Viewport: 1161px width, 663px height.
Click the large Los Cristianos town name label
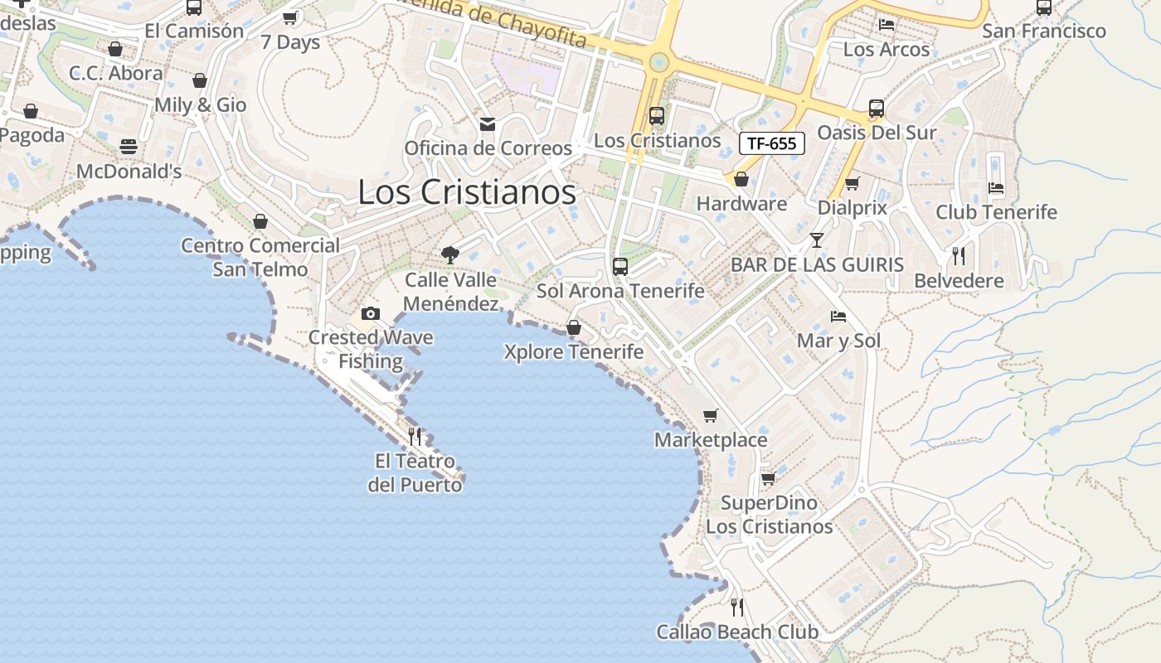pos(467,192)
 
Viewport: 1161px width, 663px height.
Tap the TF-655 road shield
pos(771,143)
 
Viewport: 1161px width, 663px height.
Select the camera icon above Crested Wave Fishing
pos(371,313)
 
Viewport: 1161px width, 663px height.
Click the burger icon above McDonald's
pos(129,147)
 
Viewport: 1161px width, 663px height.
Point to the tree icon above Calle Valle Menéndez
pos(450,254)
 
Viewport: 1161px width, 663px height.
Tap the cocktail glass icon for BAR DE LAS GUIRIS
pos(817,240)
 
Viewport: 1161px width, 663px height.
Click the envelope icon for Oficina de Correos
pos(488,124)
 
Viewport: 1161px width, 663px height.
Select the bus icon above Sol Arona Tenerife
pos(620,267)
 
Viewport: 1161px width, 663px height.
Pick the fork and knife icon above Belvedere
pos(959,255)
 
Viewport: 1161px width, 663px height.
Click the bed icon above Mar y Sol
pos(838,317)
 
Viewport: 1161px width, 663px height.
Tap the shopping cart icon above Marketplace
pos(710,415)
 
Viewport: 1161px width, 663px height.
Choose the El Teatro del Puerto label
pos(415,473)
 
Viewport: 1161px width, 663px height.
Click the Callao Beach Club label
pos(737,632)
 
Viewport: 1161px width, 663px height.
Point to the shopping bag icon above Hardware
pos(741,179)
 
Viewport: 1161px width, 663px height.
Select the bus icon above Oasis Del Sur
pos(877,109)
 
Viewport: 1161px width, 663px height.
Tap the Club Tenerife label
pos(996,212)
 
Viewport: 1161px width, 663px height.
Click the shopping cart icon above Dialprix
pos(852,183)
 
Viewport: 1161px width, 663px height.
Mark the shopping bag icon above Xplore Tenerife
pos(573,328)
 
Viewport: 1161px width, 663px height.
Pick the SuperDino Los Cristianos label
pos(769,515)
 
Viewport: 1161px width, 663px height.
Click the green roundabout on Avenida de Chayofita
pos(659,61)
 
